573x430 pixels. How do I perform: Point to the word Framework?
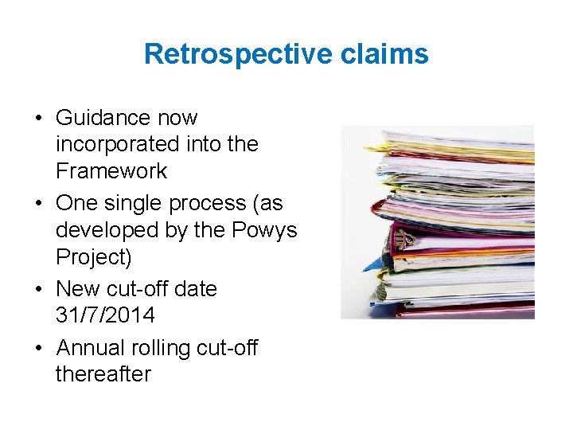tap(111, 170)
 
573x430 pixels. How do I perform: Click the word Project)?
tap(94, 256)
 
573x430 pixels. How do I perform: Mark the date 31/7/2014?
tap(105, 315)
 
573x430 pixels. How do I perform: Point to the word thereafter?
tap(103, 374)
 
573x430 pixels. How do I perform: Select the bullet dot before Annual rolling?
tap(38, 349)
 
